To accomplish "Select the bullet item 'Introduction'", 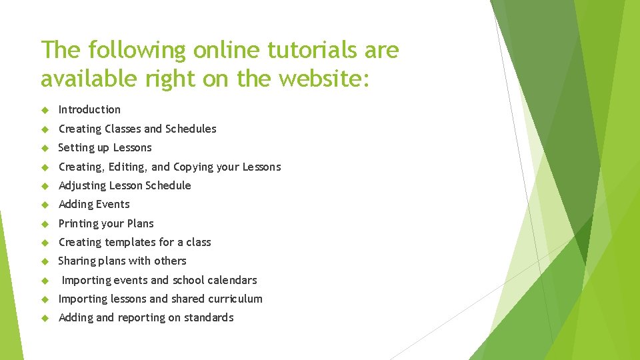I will [89, 109].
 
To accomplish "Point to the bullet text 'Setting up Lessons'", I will [105, 147].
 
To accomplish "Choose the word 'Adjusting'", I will [82, 185].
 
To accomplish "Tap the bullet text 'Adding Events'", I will [94, 204].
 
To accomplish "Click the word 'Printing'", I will [79, 223].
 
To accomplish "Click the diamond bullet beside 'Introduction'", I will [45, 109].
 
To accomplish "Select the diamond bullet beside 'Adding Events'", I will [45, 205].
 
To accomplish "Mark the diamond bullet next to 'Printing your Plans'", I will [45, 223].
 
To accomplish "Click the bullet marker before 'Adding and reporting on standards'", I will [45, 318].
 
